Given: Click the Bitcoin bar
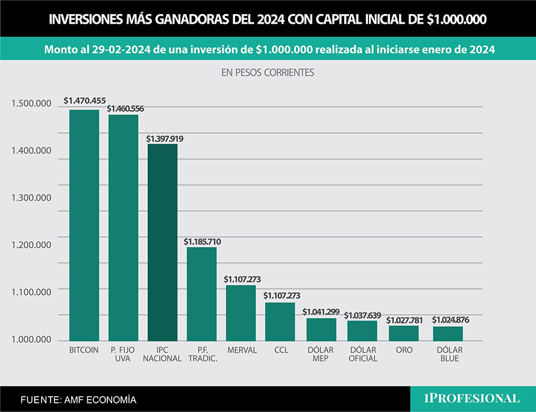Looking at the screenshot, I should (x=84, y=225).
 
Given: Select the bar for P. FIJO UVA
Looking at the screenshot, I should (x=123, y=228).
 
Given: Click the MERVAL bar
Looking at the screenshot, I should (x=241, y=313).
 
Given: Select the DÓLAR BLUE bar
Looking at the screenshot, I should (x=448, y=333).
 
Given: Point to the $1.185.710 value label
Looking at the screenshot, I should (x=202, y=242).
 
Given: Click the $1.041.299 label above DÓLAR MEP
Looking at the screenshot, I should (x=321, y=312).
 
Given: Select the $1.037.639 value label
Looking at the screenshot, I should (x=362, y=315).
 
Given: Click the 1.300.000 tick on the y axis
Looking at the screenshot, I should (x=31, y=198).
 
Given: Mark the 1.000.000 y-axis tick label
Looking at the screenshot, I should (x=31, y=340).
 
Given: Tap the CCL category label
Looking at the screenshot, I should (x=281, y=351).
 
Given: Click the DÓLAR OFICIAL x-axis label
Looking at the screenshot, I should (x=362, y=354).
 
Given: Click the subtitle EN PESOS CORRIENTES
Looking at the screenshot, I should (x=267, y=72).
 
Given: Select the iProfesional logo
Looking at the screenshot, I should (x=472, y=399).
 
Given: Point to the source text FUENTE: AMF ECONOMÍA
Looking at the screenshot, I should (x=78, y=400).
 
